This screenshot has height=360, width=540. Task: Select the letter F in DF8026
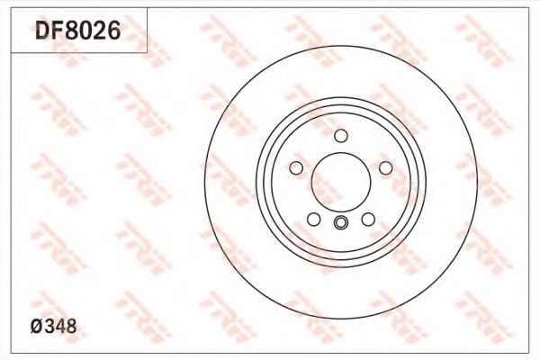[x=57, y=31]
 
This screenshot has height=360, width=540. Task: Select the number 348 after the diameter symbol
[x=63, y=328]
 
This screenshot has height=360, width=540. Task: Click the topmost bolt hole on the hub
[x=340, y=136]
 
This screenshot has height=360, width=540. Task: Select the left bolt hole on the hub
[x=296, y=168]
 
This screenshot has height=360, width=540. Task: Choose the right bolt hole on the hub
[x=385, y=168]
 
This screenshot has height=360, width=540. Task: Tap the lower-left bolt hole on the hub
[x=313, y=220]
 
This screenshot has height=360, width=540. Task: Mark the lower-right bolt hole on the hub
[x=368, y=220]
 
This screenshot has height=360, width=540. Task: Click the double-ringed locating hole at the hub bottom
[x=340, y=224]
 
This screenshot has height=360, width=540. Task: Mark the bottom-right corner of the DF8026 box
[x=147, y=52]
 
